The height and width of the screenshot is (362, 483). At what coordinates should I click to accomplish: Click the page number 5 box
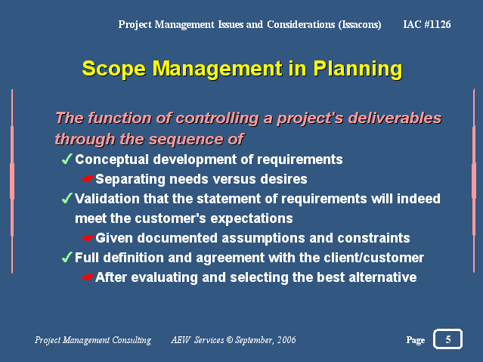pos(447,339)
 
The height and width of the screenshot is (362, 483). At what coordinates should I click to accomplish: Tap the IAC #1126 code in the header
pos(427,24)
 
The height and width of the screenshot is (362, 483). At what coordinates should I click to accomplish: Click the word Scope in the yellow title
pos(113,69)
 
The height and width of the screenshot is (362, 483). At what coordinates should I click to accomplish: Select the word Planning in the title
pos(358,69)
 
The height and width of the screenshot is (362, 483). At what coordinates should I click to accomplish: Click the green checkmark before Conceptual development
pos(67,159)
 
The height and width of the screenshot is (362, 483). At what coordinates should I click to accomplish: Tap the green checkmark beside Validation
pos(67,198)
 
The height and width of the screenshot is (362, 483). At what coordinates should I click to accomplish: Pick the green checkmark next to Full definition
pos(67,257)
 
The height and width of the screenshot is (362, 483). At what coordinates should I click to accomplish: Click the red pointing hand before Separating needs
pos(88,179)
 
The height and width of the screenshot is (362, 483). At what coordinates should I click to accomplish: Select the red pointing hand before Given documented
pos(88,238)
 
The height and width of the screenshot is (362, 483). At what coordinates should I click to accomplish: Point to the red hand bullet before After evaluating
pos(88,277)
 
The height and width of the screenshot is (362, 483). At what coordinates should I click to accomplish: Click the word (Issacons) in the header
pos(360,25)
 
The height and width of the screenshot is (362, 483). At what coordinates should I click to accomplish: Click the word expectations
pos(252,218)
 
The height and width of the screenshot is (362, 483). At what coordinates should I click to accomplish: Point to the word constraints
pos(373,238)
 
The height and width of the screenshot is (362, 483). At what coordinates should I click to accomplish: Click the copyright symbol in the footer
pos(230,340)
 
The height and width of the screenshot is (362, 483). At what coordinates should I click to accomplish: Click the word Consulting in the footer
pos(132,340)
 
